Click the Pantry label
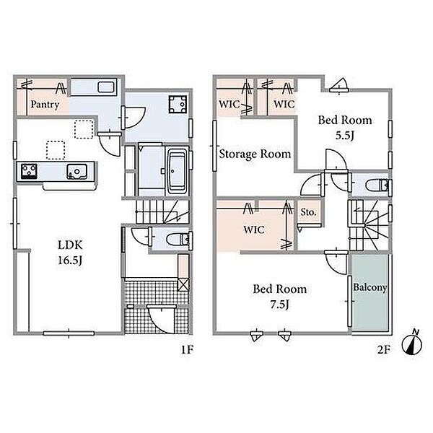(x=45, y=105)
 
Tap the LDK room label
(x=70, y=245)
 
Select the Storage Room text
(x=255, y=154)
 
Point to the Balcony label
(x=370, y=287)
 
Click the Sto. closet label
(x=308, y=212)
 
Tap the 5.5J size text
(x=345, y=136)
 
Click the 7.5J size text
(x=279, y=305)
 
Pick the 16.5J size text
(x=70, y=260)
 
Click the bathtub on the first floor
(x=177, y=172)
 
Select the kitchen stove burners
(x=29, y=171)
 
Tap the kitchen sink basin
(x=77, y=172)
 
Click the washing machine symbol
(x=178, y=105)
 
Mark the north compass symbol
(x=412, y=343)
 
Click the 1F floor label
(x=187, y=350)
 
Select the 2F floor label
(x=384, y=350)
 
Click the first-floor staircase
(x=162, y=211)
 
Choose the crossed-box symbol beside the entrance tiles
(x=183, y=284)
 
